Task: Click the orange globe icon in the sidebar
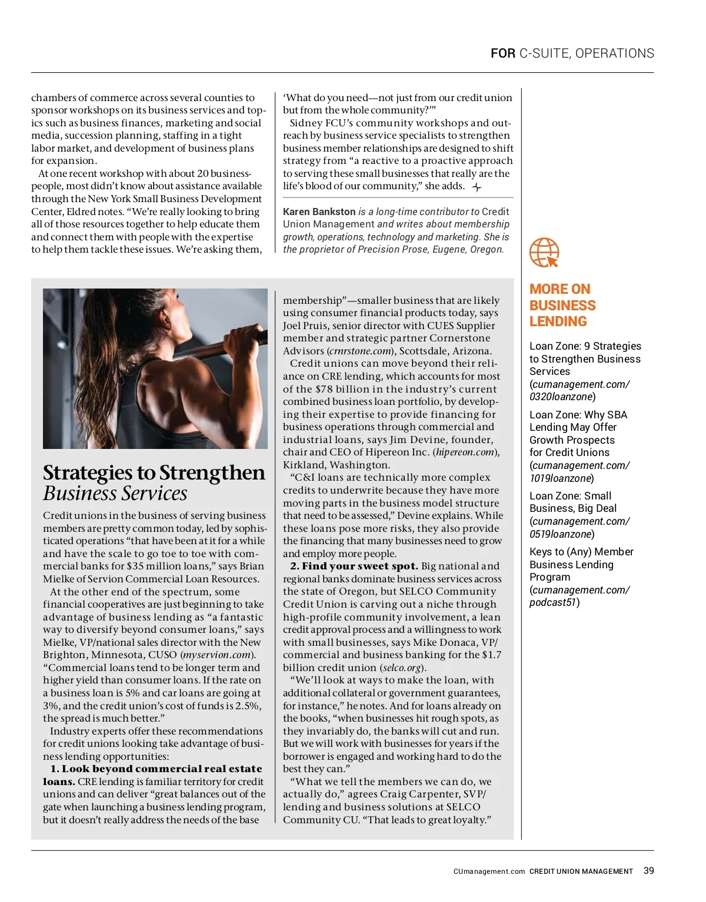coord(544,253)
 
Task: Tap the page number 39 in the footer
coord(648,871)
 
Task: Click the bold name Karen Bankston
coord(319,212)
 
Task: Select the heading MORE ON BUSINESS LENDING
coord(562,305)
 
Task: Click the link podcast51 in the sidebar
coord(552,602)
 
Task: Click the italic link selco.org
coord(402,668)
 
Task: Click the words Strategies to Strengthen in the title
coord(154,472)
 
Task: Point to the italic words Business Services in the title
coord(115,494)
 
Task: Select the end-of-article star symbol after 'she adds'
coord(477,187)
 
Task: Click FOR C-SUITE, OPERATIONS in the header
coord(572,53)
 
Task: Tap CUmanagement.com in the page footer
coord(489,871)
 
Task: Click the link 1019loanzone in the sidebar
coord(561,478)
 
